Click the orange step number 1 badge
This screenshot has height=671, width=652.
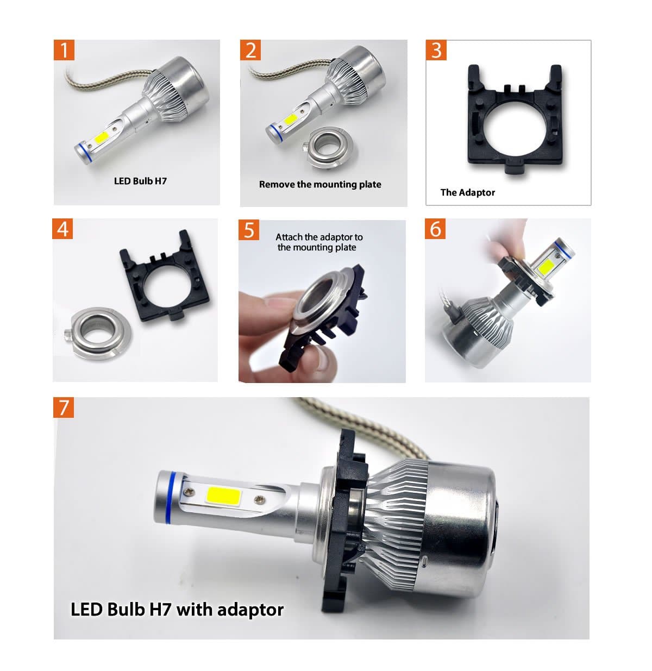coord(64,50)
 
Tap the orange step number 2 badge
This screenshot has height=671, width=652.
coord(250,50)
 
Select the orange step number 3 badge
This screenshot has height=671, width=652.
coord(436,50)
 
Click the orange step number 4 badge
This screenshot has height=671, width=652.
coord(63,229)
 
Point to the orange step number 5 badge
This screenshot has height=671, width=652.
coord(249,230)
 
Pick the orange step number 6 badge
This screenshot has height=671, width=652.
coord(435,229)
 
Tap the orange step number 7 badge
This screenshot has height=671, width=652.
coord(64,407)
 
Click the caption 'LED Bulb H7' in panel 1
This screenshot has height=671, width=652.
coord(140,181)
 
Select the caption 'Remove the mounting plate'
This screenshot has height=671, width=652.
coord(320,184)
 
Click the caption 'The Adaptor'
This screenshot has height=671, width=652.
coord(467,192)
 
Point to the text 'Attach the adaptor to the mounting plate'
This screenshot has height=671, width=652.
coord(318,242)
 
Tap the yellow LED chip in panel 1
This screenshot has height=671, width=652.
coord(102,138)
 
